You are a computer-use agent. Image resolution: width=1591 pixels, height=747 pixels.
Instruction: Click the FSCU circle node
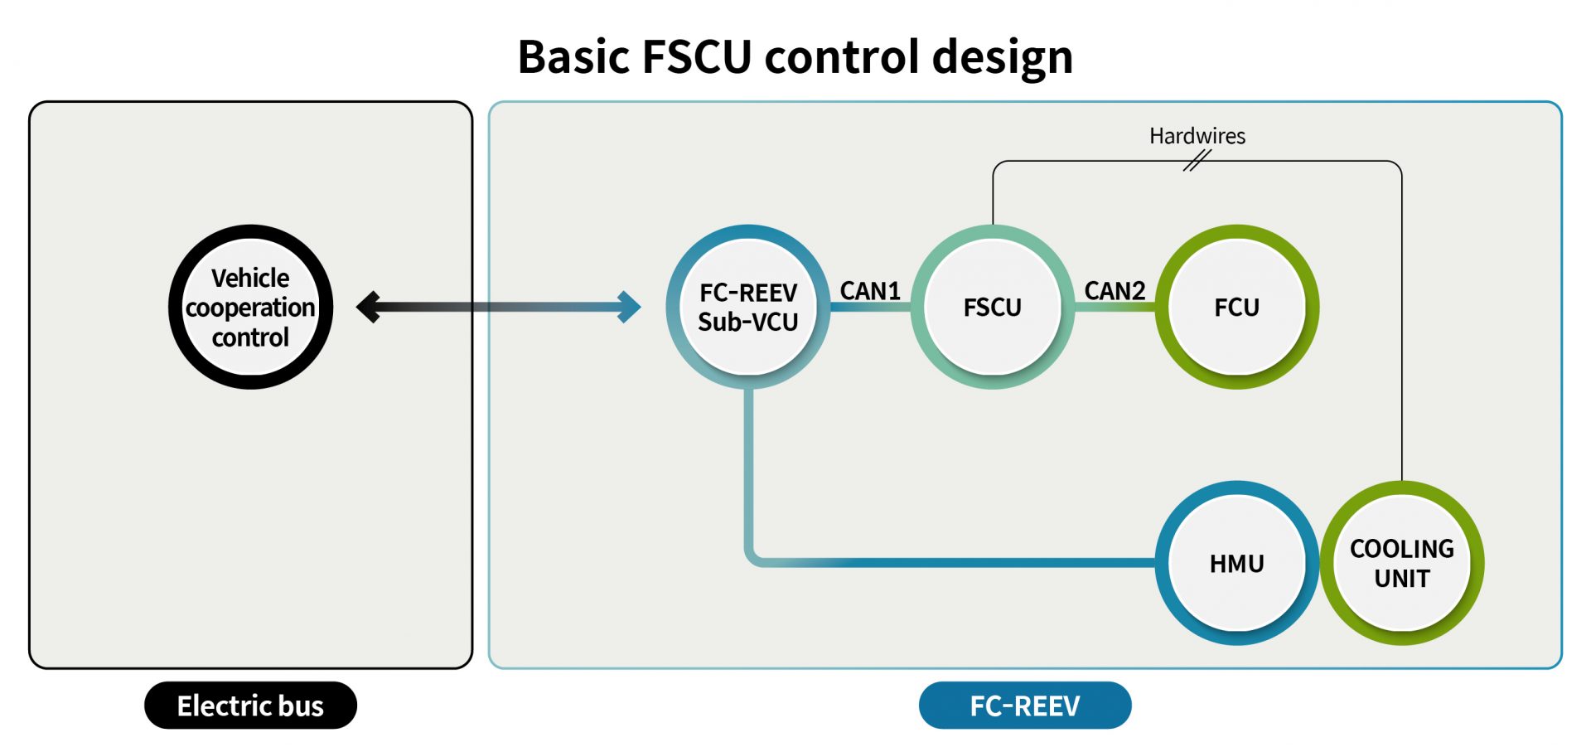coord(992,307)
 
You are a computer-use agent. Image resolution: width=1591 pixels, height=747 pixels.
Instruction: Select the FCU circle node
coord(1236,307)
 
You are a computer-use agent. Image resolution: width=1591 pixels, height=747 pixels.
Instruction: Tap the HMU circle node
coord(1236,563)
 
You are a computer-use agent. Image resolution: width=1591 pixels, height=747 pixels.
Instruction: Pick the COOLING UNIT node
coord(1401,563)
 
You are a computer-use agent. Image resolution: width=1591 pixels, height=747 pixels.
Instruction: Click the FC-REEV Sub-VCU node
coord(747,307)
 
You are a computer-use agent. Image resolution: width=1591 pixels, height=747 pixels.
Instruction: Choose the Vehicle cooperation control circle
coord(250,307)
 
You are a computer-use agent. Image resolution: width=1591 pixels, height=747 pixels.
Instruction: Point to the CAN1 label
coord(870,291)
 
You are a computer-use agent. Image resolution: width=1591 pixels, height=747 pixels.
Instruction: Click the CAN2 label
coord(1115,291)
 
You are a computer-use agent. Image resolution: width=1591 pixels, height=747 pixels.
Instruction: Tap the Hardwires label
coord(1197,136)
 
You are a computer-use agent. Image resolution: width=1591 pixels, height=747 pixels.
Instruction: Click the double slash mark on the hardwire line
coord(1196,161)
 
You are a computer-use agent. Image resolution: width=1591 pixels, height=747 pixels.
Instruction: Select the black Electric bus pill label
coord(250,706)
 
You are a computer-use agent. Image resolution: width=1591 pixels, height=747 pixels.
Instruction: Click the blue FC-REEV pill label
coord(1025,706)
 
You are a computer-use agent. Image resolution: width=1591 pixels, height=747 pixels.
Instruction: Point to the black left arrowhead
coord(368,307)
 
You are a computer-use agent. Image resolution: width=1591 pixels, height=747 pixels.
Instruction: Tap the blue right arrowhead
coord(630,307)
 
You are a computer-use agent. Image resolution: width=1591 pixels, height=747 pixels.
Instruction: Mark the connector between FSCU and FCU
coord(1115,307)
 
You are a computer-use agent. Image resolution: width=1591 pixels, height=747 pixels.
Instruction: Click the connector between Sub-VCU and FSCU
coord(870,307)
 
